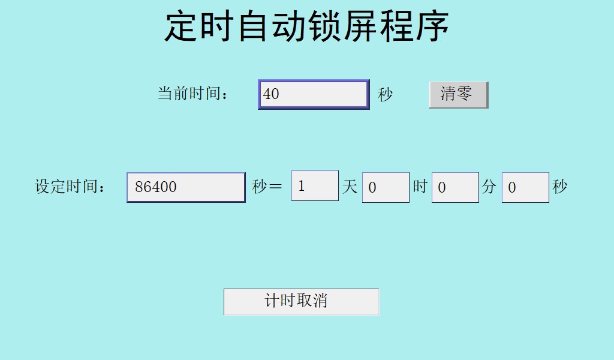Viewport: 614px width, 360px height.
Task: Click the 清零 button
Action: coord(458,95)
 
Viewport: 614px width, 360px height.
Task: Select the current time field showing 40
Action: coord(313,94)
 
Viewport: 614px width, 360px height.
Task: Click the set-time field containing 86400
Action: coord(186,187)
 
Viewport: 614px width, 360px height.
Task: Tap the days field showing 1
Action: coord(315,186)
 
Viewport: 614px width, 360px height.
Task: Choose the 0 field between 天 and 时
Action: coord(386,187)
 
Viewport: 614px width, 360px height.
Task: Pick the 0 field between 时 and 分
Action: coord(455,187)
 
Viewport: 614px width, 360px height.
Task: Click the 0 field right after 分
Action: coord(525,187)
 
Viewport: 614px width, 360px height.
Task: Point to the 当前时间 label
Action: coord(193,94)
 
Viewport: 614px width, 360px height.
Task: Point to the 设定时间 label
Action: coord(70,187)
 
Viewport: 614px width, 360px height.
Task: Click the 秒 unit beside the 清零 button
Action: coord(385,94)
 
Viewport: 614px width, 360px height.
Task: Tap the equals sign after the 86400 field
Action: coord(276,187)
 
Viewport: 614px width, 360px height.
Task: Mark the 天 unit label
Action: coord(350,187)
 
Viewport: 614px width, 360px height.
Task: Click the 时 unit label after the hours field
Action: coord(420,187)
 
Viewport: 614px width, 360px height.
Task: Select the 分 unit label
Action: coord(489,187)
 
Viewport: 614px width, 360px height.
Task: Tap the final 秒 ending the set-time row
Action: coord(559,187)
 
